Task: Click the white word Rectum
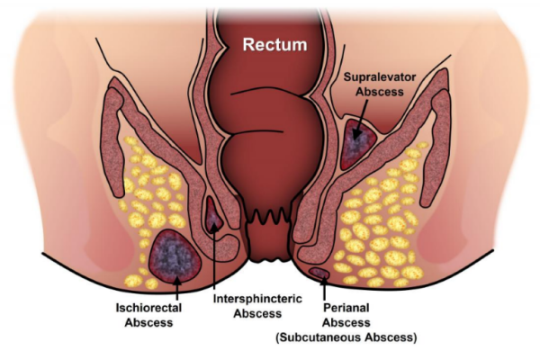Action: (274, 45)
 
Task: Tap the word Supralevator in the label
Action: (380, 76)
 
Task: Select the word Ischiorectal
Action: (148, 307)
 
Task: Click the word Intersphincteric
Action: (257, 298)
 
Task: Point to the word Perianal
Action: (346, 307)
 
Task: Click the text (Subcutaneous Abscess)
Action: (346, 337)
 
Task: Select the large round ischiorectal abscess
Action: (175, 256)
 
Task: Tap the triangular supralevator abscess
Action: (358, 144)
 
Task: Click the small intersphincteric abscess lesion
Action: (213, 215)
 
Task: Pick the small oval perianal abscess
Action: (319, 273)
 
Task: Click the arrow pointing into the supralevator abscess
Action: (361, 119)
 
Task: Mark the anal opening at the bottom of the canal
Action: (270, 260)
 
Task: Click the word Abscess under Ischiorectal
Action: (148, 323)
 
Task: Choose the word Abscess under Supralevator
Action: (380, 92)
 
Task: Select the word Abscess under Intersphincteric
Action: (257, 313)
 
